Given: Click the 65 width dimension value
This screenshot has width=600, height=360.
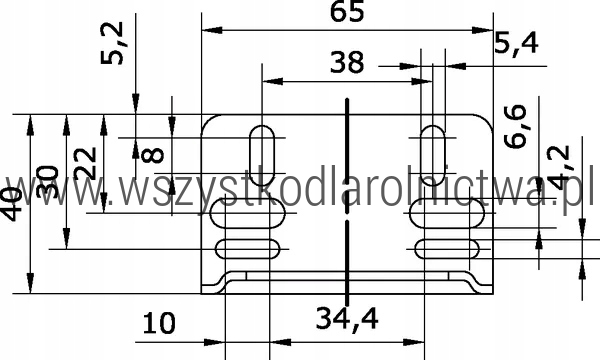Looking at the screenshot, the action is click(347, 12).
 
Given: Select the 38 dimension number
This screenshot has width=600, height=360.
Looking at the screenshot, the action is click(347, 62).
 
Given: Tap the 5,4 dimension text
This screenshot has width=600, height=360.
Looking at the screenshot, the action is click(517, 43).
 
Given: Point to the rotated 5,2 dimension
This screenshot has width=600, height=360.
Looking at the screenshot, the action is click(112, 43).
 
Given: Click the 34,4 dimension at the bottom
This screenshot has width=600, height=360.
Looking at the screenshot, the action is click(347, 318).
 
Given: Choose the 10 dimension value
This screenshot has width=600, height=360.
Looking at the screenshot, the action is click(159, 323).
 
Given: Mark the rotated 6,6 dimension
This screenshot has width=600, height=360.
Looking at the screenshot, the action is click(515, 127).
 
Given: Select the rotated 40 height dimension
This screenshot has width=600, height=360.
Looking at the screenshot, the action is click(13, 204).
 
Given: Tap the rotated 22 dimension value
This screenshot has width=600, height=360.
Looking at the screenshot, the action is click(85, 163).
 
